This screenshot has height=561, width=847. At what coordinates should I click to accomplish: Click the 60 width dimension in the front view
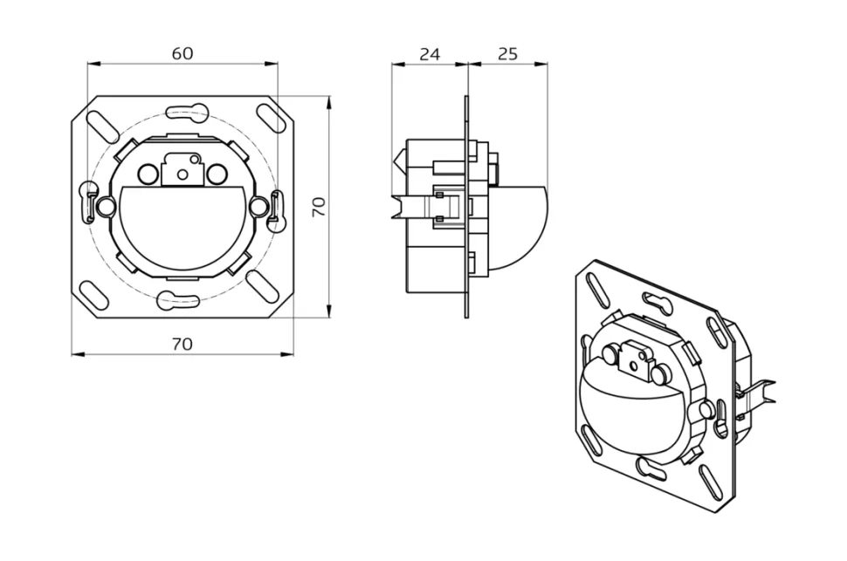182,53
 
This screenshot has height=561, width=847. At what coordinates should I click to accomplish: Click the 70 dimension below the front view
182,344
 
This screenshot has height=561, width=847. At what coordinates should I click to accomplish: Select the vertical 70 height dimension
319,207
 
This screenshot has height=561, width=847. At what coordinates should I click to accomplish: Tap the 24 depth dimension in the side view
429,54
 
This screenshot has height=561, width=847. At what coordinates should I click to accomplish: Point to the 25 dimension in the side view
507,54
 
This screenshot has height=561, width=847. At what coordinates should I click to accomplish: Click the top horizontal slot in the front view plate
185,112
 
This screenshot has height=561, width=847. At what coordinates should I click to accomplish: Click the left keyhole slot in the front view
88,201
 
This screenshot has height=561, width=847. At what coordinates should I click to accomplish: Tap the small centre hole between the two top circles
182,174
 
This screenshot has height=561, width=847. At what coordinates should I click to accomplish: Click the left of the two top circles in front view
149,174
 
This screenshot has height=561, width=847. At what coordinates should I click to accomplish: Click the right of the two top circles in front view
216,174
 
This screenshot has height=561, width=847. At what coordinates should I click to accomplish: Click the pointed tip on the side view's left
398,161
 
